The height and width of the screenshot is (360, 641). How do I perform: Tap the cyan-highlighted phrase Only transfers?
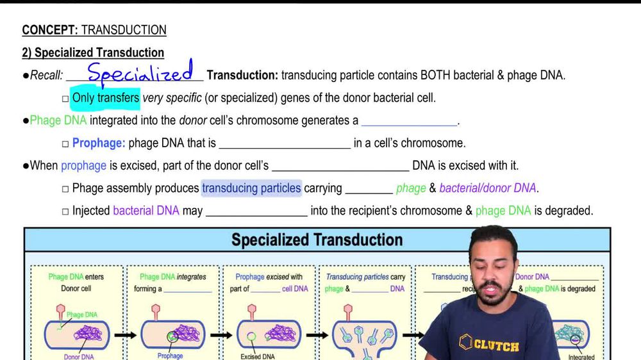click(105, 98)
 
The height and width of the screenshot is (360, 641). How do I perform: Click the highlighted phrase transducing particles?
click(251, 188)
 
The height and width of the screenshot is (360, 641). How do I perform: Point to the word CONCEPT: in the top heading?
click(50, 30)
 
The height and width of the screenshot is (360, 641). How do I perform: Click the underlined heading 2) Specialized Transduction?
click(93, 53)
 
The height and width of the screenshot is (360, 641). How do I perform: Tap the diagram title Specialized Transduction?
click(317, 240)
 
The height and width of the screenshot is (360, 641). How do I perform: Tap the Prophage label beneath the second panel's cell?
click(170, 356)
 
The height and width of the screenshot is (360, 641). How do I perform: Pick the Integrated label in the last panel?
click(581, 357)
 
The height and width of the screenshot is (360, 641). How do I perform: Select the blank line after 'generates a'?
click(410, 121)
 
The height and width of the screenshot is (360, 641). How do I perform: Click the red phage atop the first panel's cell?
click(60, 309)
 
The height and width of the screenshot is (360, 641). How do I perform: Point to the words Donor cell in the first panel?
click(76, 288)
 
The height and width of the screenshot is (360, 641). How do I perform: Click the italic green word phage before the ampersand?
click(411, 188)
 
